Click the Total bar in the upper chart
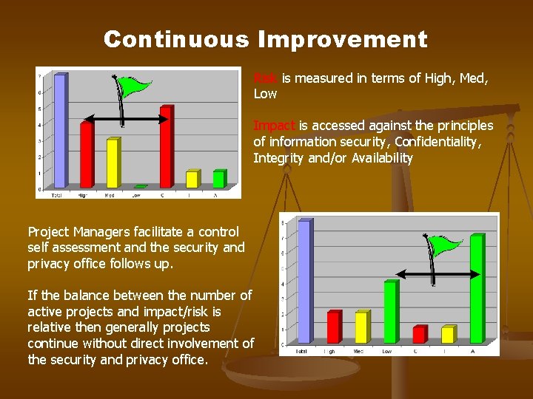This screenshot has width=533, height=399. [60, 131]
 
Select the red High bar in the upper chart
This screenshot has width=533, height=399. [87, 154]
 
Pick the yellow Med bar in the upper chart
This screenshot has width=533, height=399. [113, 163]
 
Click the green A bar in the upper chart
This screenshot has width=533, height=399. [218, 179]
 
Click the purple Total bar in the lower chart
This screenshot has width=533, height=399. [304, 281]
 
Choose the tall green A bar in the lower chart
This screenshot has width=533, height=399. [477, 289]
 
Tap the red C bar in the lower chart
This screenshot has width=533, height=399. [420, 334]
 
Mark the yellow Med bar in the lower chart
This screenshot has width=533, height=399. [361, 327]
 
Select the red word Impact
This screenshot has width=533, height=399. [274, 126]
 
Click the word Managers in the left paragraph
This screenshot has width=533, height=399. [108, 232]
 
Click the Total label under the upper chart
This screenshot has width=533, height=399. [57, 195]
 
